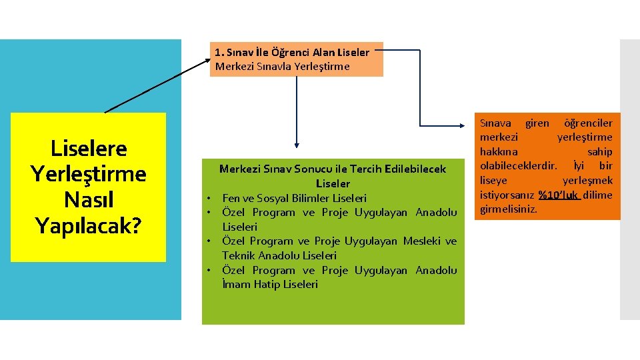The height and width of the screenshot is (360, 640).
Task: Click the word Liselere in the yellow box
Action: click(x=88, y=149)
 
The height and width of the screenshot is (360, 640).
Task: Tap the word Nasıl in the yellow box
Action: click(x=88, y=199)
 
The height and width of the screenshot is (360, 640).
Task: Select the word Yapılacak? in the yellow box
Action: click(x=88, y=225)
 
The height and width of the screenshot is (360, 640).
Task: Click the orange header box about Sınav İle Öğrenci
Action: click(x=297, y=59)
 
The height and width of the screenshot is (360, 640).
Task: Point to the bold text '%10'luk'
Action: click(x=559, y=195)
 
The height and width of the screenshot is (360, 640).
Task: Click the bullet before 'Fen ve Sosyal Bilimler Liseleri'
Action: click(x=209, y=198)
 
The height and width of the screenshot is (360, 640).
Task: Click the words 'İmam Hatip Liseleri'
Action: click(x=270, y=285)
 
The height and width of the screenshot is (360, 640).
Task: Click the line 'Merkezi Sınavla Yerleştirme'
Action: click(x=282, y=66)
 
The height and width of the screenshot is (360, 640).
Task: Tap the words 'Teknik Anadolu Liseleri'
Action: click(x=279, y=255)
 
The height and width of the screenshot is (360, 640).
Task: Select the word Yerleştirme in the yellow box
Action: click(x=88, y=174)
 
